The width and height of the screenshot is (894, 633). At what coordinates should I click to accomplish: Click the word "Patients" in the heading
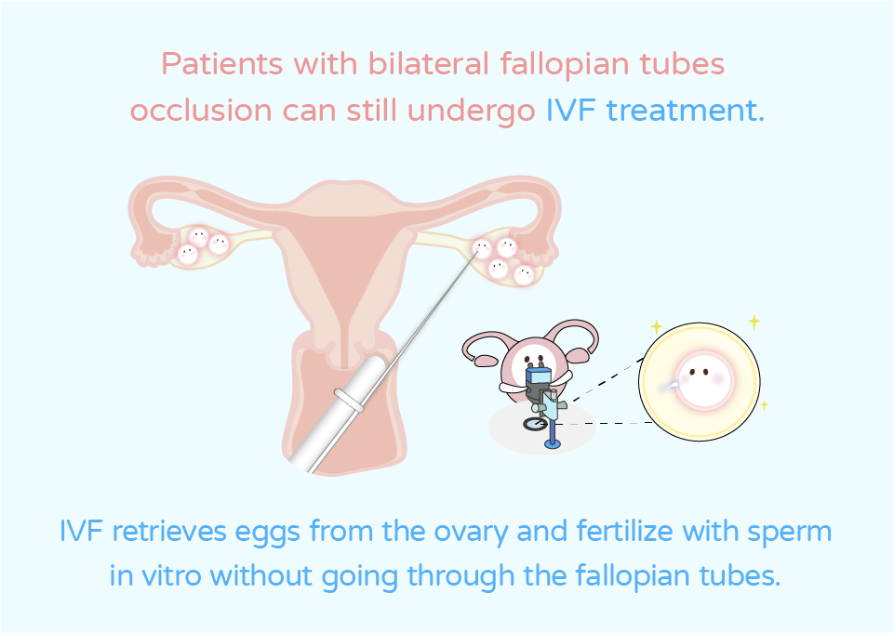[221, 63]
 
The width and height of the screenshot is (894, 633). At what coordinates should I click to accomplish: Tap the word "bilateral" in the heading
[428, 63]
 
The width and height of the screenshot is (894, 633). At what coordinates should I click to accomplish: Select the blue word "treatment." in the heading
[685, 110]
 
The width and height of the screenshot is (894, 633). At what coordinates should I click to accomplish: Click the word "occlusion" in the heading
[201, 110]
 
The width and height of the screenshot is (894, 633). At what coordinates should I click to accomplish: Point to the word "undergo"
[472, 112]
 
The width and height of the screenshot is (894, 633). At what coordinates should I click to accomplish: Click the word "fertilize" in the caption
[625, 531]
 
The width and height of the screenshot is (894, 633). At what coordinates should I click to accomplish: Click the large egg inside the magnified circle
[703, 379]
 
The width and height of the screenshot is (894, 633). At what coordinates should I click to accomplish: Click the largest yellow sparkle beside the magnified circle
[754, 322]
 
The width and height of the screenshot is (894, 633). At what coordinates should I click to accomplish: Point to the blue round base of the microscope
[552, 443]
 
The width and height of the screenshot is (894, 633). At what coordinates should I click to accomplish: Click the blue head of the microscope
[539, 376]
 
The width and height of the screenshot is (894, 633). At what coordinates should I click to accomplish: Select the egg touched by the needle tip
[482, 248]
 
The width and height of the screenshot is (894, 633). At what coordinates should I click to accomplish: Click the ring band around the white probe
[349, 399]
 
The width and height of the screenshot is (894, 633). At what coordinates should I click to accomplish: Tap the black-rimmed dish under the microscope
[535, 423]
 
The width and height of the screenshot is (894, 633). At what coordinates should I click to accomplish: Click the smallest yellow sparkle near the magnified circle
[764, 404]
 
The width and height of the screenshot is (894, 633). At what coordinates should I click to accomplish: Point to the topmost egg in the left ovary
[199, 237]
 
